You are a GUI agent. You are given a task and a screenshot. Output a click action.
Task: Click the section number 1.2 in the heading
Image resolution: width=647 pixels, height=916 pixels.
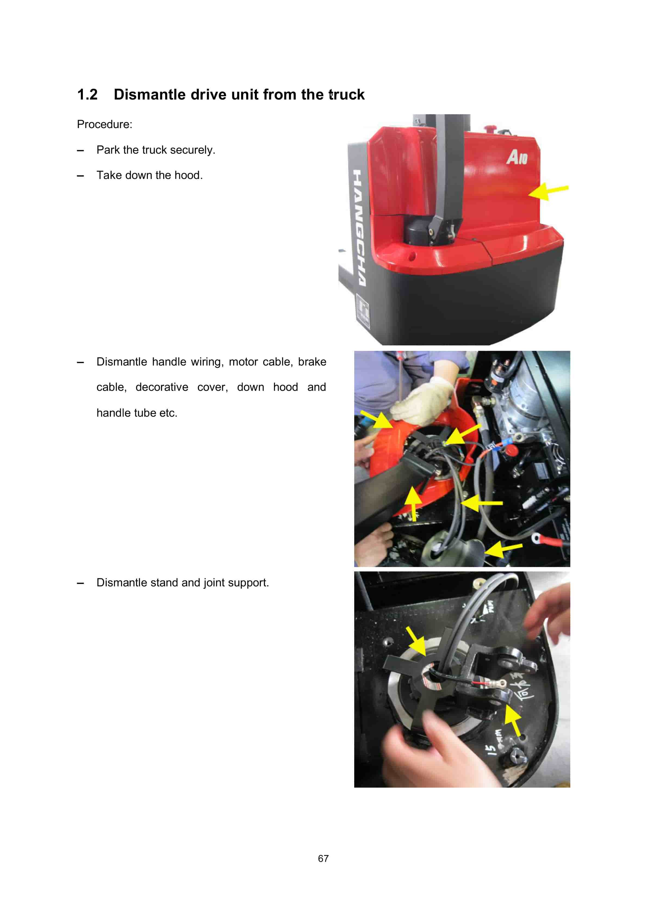tap(87, 95)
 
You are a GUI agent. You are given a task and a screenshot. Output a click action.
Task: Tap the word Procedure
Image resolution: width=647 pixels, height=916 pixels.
tap(104, 125)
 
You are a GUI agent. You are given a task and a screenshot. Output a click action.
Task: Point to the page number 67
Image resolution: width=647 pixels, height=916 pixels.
tap(323, 858)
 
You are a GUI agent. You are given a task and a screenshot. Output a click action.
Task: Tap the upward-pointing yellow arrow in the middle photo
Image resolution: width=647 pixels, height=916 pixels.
tap(414, 503)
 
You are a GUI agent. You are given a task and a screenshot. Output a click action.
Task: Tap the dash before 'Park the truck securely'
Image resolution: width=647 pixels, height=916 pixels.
tap(80, 150)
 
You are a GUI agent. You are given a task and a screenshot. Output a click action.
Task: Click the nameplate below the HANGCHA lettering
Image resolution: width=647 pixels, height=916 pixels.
tap(363, 311)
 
